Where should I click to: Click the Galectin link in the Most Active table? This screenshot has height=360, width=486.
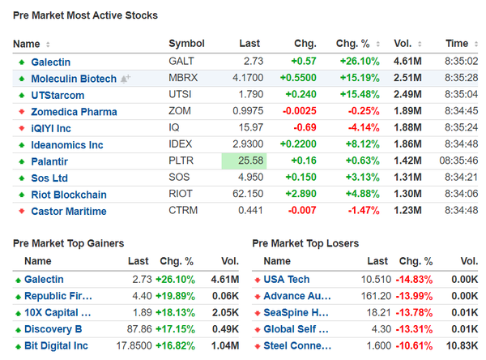[x=50, y=62]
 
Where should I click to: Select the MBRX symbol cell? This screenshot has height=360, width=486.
[x=182, y=78]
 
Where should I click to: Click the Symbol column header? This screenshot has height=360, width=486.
[x=186, y=44]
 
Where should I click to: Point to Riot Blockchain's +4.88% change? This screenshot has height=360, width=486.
[x=357, y=195]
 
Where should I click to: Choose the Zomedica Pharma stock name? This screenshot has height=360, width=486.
[x=74, y=112]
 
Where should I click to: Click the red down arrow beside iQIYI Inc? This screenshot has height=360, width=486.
[x=21, y=128]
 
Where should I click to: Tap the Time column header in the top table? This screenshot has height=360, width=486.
[x=457, y=44]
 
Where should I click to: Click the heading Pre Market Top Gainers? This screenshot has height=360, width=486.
[x=69, y=243]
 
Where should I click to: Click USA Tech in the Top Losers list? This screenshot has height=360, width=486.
[x=286, y=279]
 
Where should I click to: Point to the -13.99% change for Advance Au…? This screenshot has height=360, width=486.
[x=415, y=296]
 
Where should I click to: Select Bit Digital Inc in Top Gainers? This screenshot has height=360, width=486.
[x=56, y=345]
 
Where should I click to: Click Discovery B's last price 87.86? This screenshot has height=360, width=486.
[x=138, y=329]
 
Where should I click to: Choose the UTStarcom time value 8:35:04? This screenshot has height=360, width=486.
[x=460, y=95]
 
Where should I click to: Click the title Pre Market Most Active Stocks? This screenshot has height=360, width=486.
[x=85, y=15]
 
